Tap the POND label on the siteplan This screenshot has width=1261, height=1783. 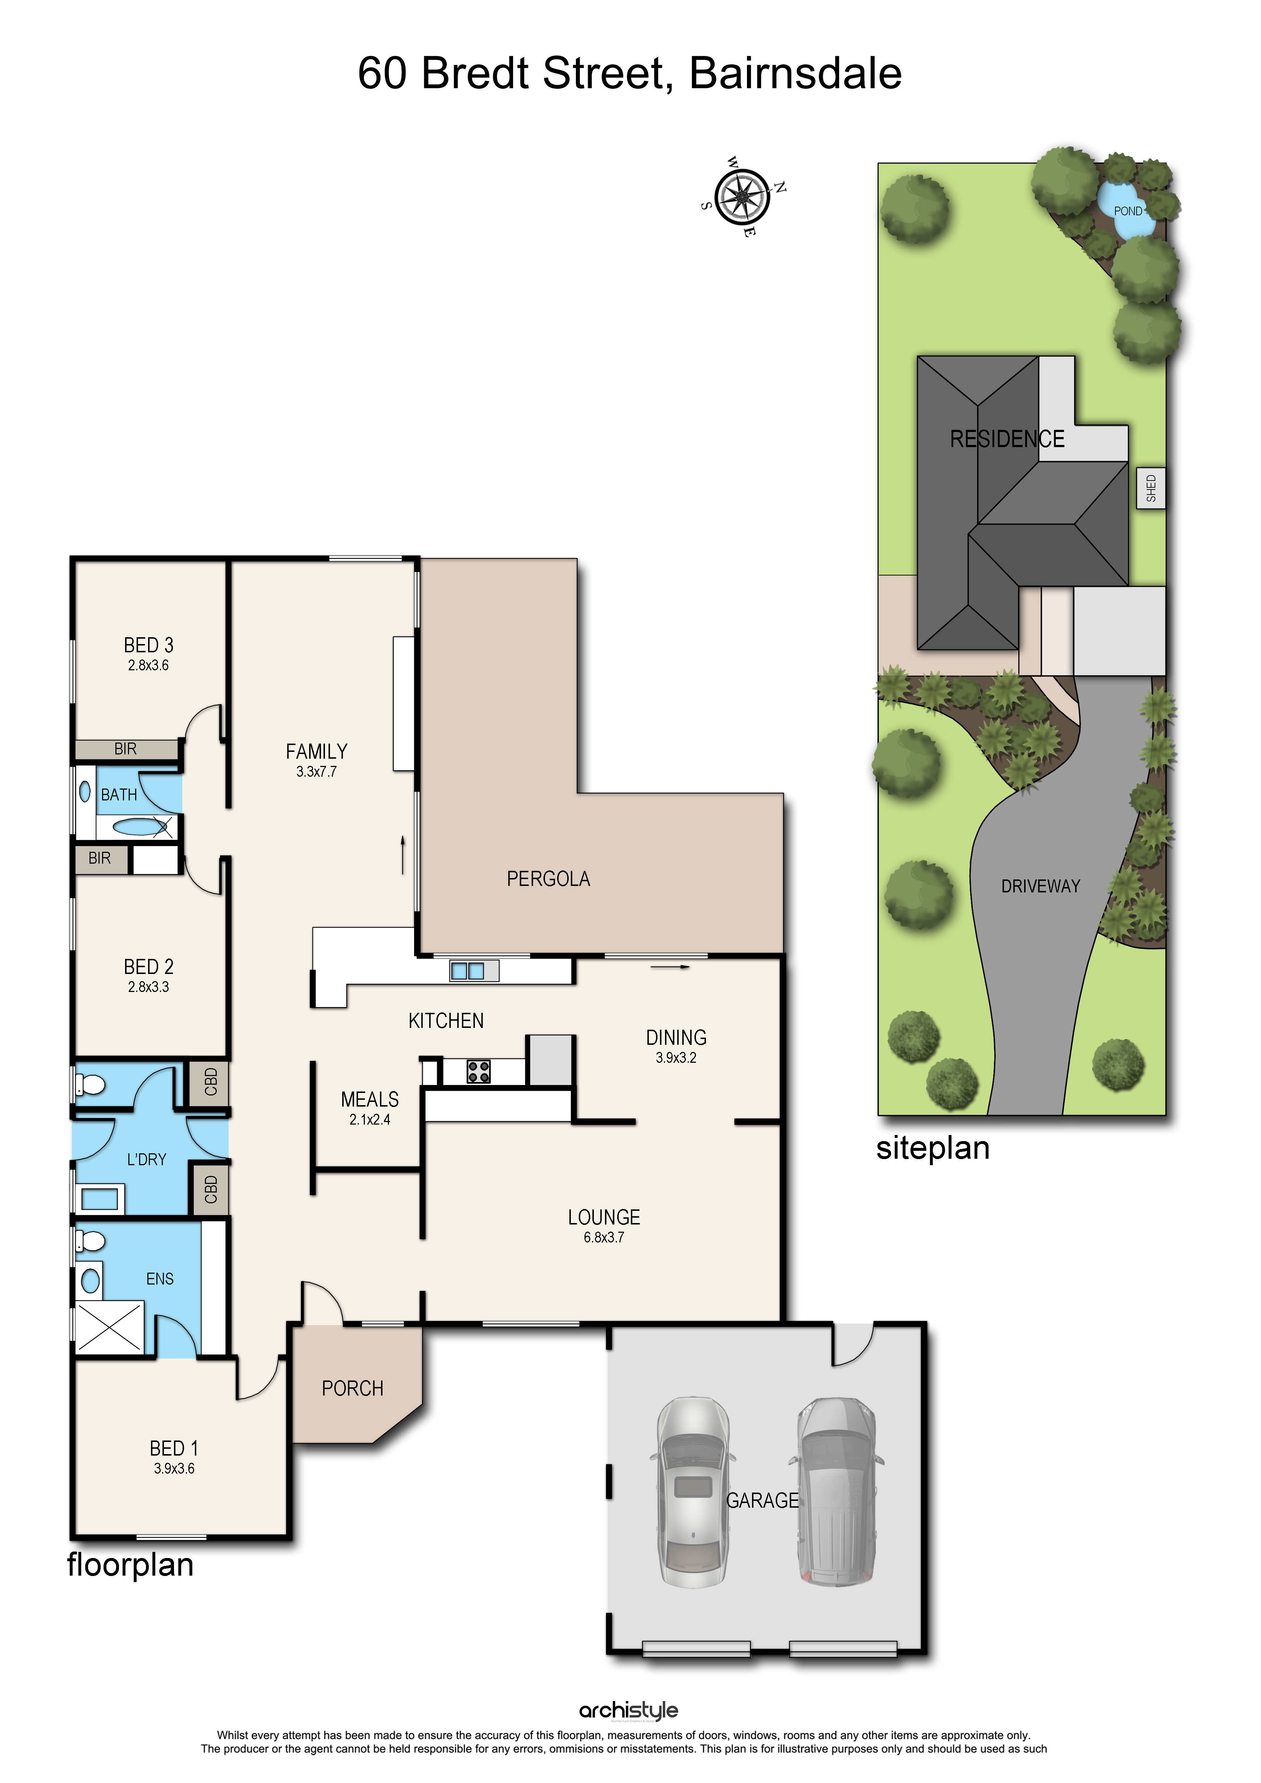(x=1127, y=211)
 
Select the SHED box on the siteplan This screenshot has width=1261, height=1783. (x=1151, y=488)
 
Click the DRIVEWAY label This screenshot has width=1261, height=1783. (x=1041, y=886)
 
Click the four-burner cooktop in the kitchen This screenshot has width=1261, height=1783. (x=478, y=1072)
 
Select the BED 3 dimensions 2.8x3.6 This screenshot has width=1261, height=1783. (x=148, y=666)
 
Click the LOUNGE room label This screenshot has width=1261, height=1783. (x=604, y=1218)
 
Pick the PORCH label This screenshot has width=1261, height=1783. (x=353, y=1388)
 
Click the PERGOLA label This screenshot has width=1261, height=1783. (x=548, y=879)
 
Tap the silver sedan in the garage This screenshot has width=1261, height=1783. (x=693, y=1492)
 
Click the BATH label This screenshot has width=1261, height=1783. (x=119, y=794)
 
